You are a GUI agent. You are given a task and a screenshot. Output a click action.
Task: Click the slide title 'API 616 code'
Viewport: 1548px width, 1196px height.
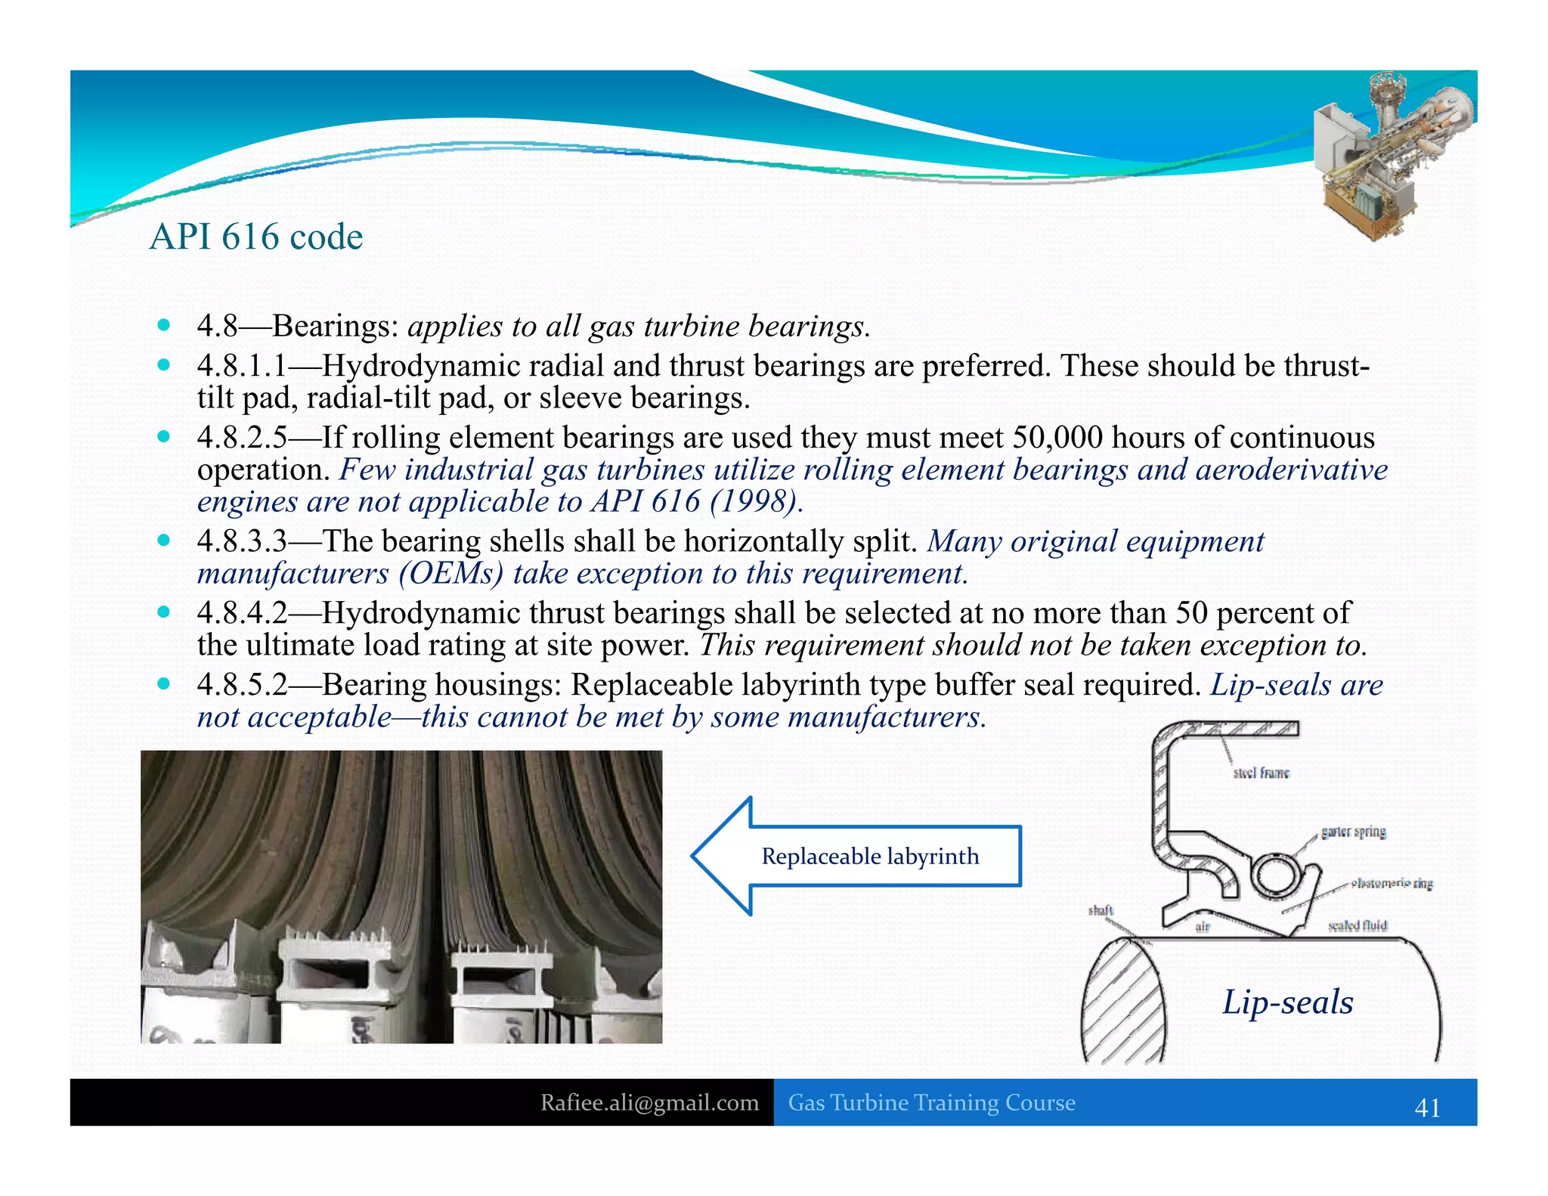click(x=255, y=237)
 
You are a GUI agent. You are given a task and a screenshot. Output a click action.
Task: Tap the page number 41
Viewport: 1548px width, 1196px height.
click(x=1427, y=1108)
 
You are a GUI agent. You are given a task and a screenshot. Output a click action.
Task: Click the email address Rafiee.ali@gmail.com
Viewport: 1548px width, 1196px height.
click(x=649, y=1103)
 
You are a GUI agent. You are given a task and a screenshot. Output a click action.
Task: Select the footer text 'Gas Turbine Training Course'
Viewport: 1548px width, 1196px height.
click(x=931, y=1103)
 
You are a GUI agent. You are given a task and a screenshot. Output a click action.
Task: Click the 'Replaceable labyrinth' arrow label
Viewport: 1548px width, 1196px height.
click(x=870, y=857)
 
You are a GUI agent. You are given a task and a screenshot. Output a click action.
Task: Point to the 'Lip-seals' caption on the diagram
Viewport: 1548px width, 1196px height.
click(x=1288, y=1002)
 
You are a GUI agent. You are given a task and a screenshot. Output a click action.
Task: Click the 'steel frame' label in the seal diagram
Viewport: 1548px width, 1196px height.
click(x=1261, y=773)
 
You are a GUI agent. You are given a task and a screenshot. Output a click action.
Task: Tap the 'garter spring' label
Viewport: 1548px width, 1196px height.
click(x=1353, y=832)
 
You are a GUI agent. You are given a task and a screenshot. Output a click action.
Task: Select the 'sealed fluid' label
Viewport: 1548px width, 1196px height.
click(x=1358, y=926)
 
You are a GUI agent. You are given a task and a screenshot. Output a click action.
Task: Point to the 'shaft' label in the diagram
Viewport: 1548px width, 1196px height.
click(x=1101, y=910)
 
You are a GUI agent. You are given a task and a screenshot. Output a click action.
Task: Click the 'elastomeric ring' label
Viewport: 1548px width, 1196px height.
click(x=1392, y=883)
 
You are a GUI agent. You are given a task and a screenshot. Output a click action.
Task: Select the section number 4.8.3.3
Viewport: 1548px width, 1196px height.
click(x=242, y=541)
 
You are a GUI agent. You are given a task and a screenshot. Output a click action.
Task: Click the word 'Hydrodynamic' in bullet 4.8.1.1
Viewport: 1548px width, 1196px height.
click(x=420, y=366)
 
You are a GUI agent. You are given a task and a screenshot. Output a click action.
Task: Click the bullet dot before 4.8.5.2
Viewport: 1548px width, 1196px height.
click(x=163, y=684)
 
